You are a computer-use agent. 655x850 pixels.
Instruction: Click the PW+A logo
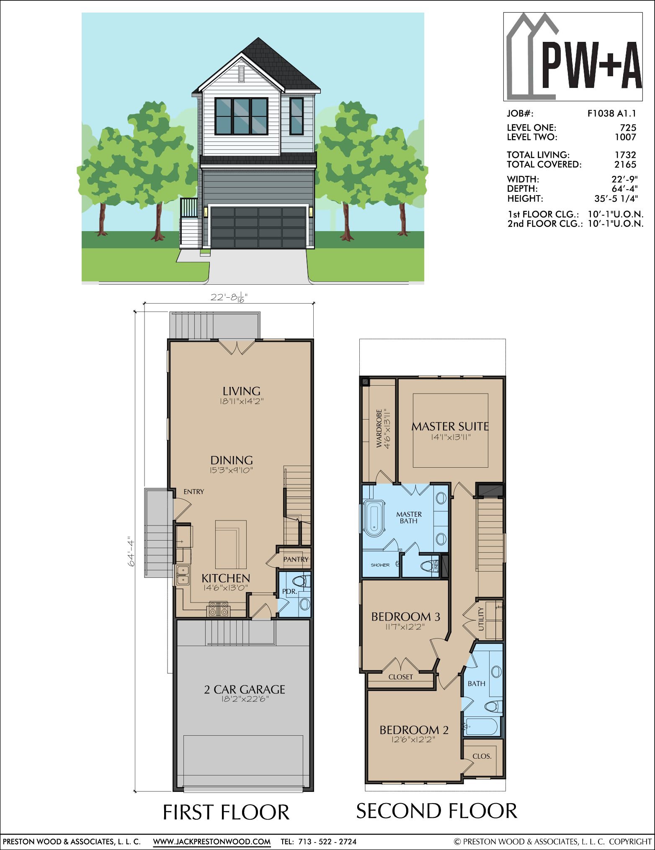(573, 57)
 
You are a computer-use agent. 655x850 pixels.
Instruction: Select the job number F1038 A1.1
(611, 113)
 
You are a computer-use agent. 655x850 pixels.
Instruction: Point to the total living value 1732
(625, 155)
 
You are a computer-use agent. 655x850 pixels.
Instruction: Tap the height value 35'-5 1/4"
(616, 198)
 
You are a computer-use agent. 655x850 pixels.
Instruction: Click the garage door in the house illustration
(258, 227)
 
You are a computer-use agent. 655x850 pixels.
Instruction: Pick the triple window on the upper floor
(241, 116)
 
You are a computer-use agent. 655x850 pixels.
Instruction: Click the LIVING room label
(242, 391)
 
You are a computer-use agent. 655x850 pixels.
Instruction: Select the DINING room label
(232, 460)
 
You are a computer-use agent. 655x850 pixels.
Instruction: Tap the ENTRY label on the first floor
(194, 492)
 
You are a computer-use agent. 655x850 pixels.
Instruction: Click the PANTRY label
(296, 559)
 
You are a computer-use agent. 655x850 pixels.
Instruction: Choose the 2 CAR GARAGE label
(245, 690)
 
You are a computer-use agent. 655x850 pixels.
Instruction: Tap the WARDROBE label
(379, 429)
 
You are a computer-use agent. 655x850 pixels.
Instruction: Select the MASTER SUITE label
(450, 426)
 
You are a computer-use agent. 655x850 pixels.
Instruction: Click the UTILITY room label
(481, 619)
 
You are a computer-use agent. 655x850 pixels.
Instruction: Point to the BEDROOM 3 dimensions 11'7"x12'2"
(405, 627)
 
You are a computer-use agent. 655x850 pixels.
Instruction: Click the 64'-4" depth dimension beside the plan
(132, 551)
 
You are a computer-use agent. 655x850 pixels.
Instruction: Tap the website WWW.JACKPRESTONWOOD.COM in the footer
(212, 842)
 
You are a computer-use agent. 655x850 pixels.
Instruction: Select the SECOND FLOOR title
(437, 811)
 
